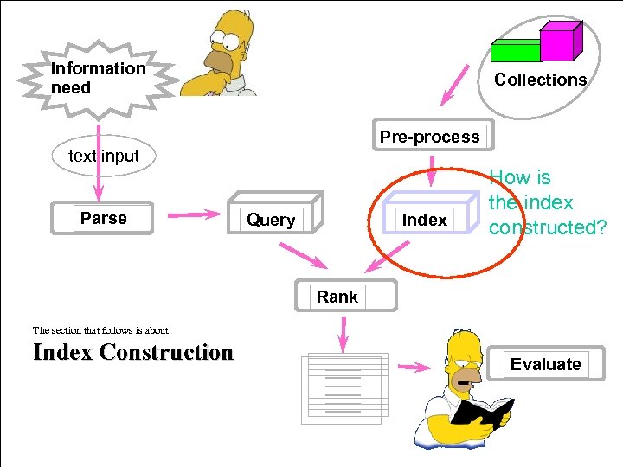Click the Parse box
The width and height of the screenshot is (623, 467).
[103, 218]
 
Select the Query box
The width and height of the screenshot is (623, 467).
[272, 220]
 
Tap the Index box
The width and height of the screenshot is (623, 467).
[425, 220]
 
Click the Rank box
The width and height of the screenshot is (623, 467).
[337, 297]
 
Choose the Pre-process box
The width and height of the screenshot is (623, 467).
[429, 137]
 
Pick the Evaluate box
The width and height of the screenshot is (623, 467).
[545, 364]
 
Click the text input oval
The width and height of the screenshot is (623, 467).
[103, 156]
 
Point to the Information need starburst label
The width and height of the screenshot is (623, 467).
[98, 78]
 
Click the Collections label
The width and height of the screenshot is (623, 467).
[540, 80]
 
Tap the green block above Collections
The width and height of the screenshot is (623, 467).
[515, 50]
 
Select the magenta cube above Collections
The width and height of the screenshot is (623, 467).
[558, 40]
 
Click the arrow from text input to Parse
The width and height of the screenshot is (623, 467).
[99, 183]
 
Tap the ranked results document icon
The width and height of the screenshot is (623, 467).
[344, 387]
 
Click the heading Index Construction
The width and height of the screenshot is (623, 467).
[133, 353]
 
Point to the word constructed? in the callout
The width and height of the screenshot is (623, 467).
[547, 227]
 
